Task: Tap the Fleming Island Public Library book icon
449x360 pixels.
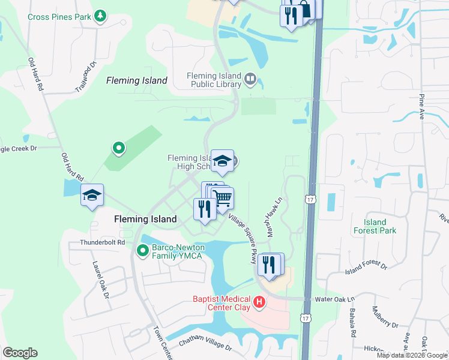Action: [250, 78]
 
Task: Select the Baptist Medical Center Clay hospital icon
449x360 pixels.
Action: [259, 302]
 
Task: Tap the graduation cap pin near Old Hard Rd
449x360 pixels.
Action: [92, 196]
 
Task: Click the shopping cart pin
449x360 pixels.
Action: [223, 197]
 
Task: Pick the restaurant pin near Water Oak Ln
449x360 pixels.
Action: [269, 264]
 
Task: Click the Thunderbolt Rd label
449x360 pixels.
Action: [104, 242]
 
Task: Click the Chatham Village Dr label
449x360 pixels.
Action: [205, 345]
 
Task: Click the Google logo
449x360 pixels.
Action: [20, 353]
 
